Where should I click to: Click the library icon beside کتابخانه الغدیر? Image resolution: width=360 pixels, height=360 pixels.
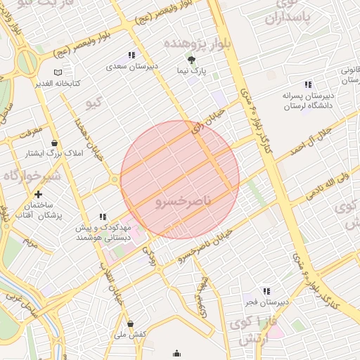pos(58,72)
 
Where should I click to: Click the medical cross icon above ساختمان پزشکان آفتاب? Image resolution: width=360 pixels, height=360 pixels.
pos(38,193)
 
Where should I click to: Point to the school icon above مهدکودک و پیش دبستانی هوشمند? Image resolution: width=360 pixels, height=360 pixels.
pos(103,217)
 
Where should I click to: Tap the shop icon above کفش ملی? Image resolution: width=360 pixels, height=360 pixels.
pos(131,324)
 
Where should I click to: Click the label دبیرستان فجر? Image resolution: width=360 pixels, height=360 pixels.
pos(266,302)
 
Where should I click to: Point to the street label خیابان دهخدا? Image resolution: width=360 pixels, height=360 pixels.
pos(89,138)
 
